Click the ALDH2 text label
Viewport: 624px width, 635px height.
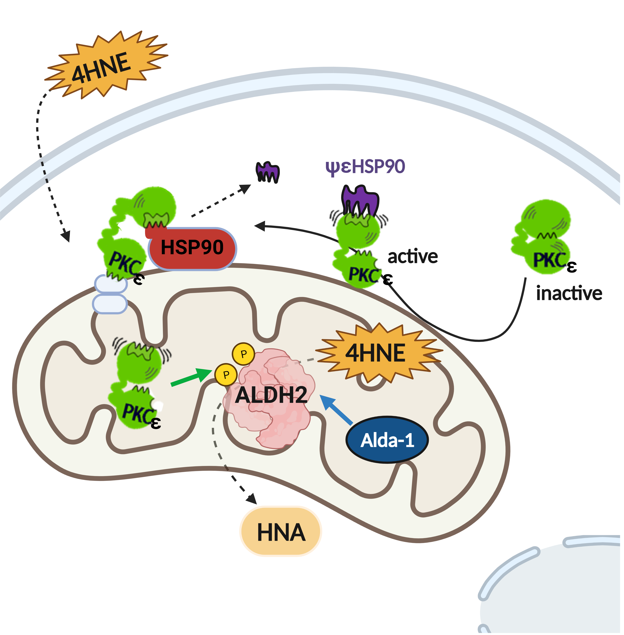coord(271,395)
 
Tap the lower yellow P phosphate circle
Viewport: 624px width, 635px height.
coord(226,374)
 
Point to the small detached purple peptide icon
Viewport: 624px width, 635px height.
coord(267,172)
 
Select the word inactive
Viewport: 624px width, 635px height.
coord(569,293)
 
